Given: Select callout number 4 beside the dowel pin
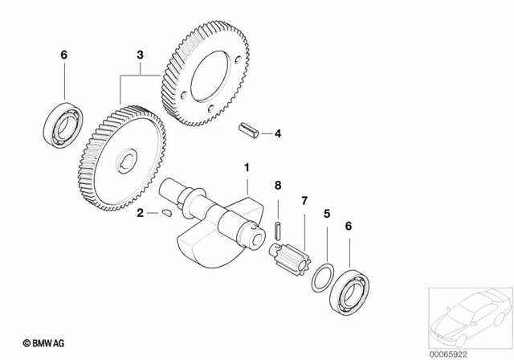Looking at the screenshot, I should (277, 133).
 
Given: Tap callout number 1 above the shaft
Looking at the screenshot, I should (247, 169).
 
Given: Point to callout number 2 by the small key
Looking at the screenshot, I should (139, 214).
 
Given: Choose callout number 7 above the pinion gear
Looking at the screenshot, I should (304, 199).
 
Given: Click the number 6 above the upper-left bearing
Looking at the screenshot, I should (64, 55).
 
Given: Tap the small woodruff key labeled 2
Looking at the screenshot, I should (164, 214).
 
